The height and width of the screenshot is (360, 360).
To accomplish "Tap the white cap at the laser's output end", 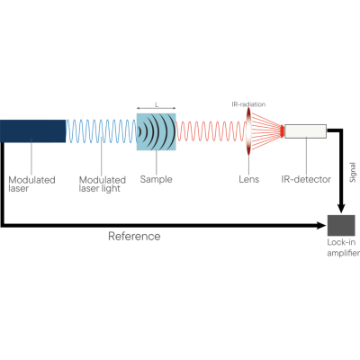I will (58, 131).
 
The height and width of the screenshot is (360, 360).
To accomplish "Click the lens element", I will (248, 131).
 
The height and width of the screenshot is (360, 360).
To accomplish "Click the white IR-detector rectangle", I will (306, 131).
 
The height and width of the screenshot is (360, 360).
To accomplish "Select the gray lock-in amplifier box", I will (340, 224).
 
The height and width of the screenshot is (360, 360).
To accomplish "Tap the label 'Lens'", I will (248, 179).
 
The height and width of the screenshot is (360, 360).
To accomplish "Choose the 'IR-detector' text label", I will (301, 179).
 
